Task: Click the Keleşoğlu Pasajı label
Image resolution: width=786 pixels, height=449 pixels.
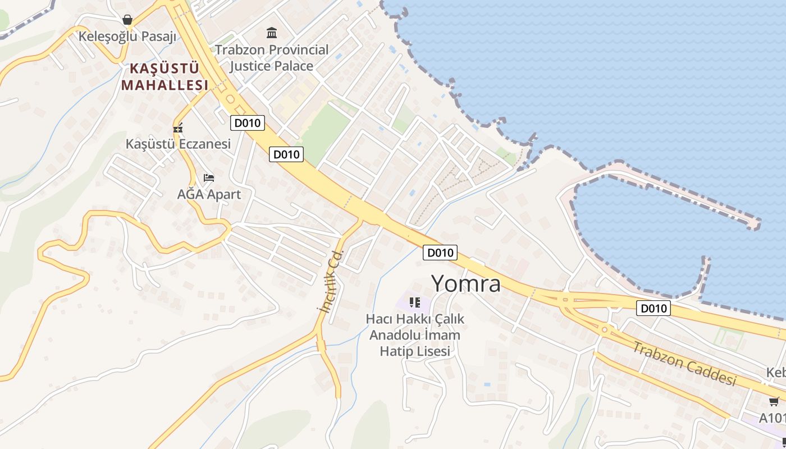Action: (x=127, y=36)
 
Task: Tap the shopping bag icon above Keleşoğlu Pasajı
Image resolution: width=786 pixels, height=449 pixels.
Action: (x=127, y=20)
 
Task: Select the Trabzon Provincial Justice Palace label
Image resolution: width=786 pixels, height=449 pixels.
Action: (x=272, y=58)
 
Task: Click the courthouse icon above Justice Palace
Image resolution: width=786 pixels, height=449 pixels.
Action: (x=272, y=33)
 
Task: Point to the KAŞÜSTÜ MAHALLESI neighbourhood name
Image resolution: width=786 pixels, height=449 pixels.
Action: (x=164, y=77)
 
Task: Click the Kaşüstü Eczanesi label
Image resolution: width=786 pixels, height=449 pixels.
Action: (x=178, y=144)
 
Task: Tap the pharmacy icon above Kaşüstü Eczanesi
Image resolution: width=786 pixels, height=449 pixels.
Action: (x=178, y=128)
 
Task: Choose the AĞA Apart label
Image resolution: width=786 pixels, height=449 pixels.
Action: (x=209, y=194)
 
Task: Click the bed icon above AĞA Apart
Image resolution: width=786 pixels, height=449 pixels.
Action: (x=209, y=178)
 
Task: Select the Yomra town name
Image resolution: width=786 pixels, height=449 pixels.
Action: (x=465, y=283)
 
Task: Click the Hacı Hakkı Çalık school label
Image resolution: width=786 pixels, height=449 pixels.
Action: (x=415, y=335)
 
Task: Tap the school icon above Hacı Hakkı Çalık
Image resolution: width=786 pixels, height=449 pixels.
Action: (x=415, y=303)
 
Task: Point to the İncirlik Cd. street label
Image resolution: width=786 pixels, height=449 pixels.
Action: (x=331, y=281)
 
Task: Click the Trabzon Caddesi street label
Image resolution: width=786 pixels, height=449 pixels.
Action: (x=684, y=363)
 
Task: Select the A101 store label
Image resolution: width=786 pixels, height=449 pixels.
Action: (x=773, y=418)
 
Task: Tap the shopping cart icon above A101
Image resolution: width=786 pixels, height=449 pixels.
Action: (x=774, y=401)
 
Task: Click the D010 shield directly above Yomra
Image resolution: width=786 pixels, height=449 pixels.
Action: (x=440, y=253)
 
